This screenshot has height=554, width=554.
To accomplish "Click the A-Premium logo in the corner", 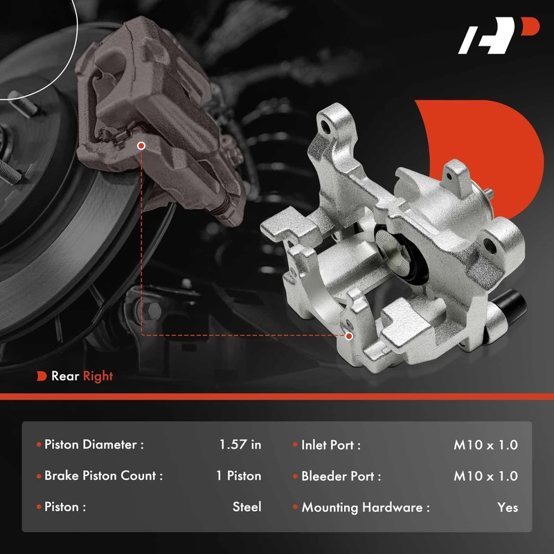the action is click(x=498, y=35).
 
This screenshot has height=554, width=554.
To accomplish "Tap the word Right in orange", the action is click(x=98, y=377).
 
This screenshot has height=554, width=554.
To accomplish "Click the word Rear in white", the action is click(x=65, y=376).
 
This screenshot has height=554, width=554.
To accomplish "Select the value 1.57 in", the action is click(x=240, y=445).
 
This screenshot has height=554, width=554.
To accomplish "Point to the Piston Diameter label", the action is click(x=94, y=445).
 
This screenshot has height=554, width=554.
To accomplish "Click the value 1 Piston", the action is click(x=238, y=476).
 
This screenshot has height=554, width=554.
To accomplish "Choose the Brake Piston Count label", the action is click(x=103, y=476).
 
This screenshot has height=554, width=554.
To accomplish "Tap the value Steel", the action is click(x=247, y=507).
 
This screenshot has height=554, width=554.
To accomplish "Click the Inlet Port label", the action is click(x=331, y=445).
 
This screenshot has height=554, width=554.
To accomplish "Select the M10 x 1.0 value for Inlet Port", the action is click(x=486, y=445).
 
